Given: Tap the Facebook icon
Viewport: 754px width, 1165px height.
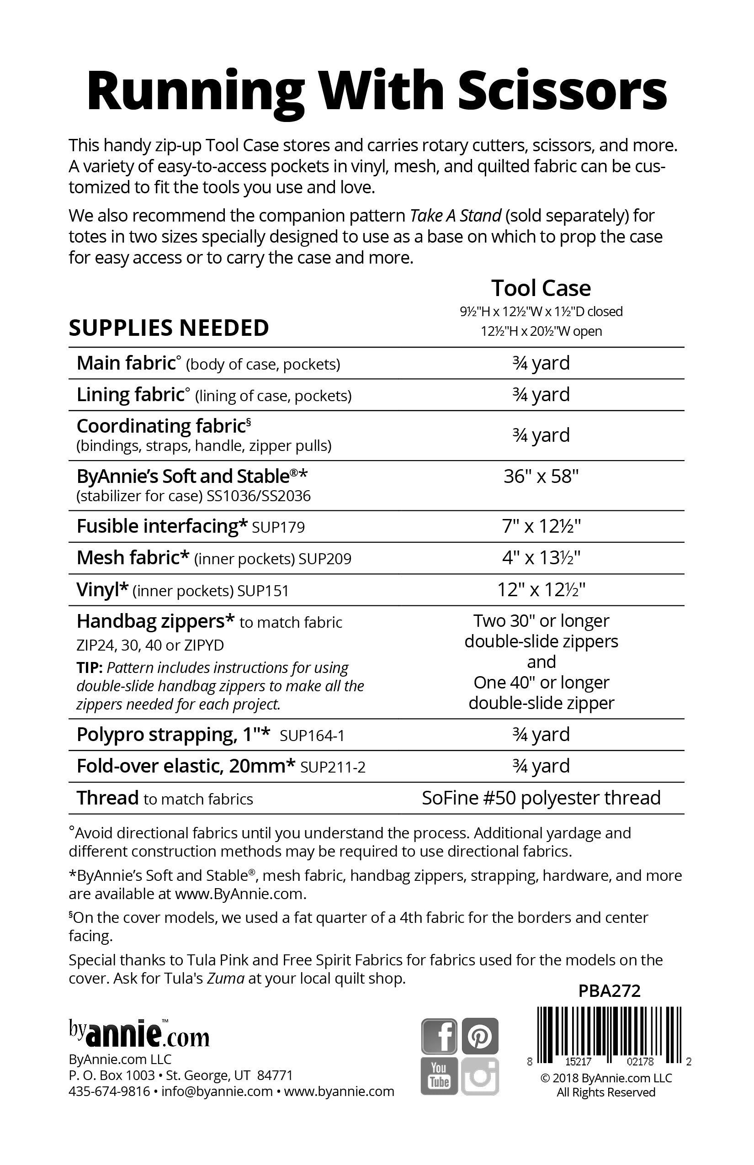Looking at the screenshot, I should click(439, 1036).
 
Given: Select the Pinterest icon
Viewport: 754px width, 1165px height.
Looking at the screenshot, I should click(480, 1036).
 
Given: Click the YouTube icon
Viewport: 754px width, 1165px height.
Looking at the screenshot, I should click(439, 1076).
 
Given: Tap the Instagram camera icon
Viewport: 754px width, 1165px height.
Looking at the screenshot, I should click(480, 1076).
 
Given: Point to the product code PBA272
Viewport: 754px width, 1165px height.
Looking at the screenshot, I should click(609, 991).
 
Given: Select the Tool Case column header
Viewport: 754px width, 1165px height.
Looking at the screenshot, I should click(541, 288).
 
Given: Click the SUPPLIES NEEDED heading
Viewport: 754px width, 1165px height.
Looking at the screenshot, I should click(169, 328).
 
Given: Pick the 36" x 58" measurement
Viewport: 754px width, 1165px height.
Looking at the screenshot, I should click(541, 476).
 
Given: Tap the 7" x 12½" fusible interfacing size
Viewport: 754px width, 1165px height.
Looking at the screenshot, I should click(541, 526).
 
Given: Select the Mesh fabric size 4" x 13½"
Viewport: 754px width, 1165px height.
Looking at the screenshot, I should click(541, 558).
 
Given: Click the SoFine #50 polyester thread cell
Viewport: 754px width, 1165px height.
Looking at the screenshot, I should click(541, 798).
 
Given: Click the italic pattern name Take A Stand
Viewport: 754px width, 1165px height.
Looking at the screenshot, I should click(455, 215).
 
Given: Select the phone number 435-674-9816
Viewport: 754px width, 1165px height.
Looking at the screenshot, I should click(109, 1091).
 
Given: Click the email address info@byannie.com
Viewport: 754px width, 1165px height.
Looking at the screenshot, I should click(217, 1091).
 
